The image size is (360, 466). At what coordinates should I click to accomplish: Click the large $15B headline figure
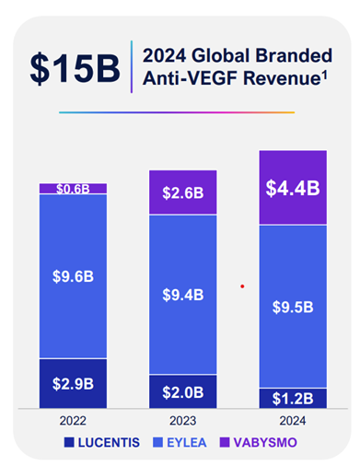pos(75,68)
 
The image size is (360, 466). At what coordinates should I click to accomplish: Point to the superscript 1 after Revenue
pos(324,75)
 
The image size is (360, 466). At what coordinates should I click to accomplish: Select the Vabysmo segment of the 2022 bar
pos(73,189)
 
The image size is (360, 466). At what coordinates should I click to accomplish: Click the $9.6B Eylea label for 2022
pos(73,276)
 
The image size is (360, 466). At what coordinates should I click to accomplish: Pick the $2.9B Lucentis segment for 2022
pos(73,383)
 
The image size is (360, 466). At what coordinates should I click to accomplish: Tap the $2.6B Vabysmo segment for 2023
pos(183,192)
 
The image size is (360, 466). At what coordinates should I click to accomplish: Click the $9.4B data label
pos(183,295)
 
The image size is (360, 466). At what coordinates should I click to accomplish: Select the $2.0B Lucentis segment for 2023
pos(183,391)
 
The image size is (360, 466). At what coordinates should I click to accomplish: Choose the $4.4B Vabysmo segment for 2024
pos(293,187)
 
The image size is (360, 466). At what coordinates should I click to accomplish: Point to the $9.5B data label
pos(293,307)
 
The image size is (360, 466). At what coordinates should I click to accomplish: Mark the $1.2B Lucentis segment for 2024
pos(293,399)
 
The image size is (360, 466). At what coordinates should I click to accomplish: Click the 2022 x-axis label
pos(73,421)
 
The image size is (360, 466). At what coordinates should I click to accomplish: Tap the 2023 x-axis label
pos(182,421)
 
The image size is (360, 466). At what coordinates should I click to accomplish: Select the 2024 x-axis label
pos(293,421)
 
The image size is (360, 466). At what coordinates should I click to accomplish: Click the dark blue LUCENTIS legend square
pos(69,442)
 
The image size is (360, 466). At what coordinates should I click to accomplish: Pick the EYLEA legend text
pos(187,443)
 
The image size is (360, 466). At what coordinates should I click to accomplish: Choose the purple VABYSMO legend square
pos(225,442)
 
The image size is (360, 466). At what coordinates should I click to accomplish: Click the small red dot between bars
pos(242,286)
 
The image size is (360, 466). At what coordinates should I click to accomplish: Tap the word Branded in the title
pos(294,55)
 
